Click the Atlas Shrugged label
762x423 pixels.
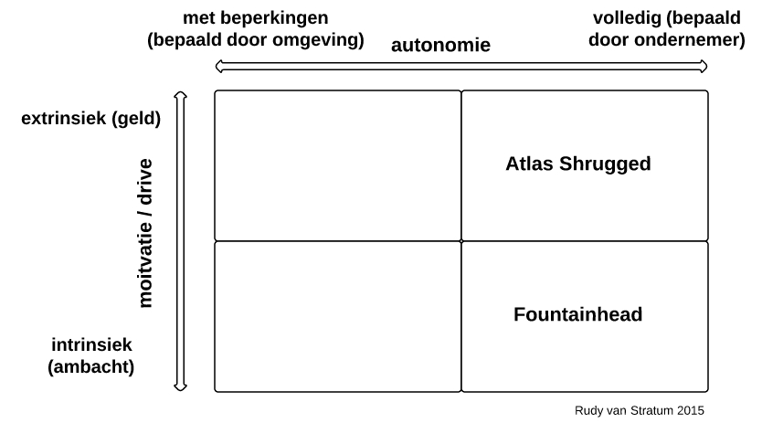577,164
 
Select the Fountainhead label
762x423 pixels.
577,314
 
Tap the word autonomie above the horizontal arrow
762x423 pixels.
440,45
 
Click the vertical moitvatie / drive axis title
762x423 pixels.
145,233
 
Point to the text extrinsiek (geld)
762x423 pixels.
90,118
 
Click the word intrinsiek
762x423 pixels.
91,344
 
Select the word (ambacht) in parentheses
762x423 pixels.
90,366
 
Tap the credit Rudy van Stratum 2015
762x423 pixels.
639,410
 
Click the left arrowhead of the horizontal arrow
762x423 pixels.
218,67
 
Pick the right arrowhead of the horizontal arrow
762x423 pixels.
704,67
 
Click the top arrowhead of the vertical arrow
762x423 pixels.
180,94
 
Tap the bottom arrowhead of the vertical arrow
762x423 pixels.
180,387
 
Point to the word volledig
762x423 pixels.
628,18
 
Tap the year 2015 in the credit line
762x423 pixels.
691,410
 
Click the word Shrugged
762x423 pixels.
605,164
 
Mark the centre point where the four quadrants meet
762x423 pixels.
461,240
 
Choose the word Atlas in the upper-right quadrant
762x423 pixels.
529,164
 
